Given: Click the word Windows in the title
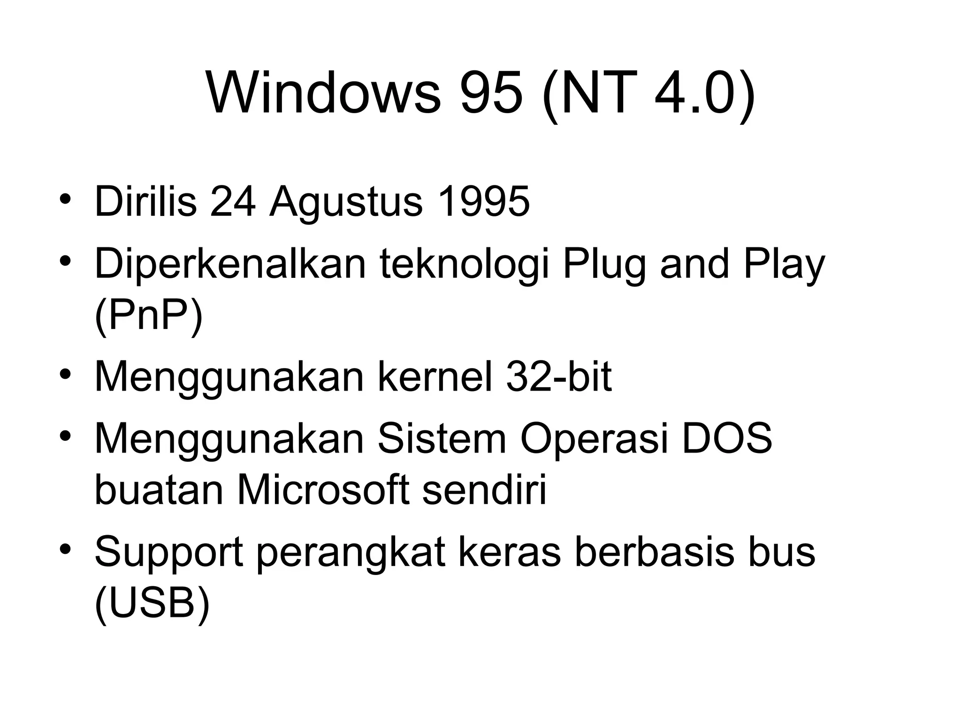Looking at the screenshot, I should [324, 93].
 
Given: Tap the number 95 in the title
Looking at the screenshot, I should [491, 93].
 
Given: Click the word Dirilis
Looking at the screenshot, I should [145, 202].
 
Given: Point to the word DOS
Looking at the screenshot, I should [727, 439].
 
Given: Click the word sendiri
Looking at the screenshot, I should [485, 491].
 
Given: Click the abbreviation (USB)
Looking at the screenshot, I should [152, 604].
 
